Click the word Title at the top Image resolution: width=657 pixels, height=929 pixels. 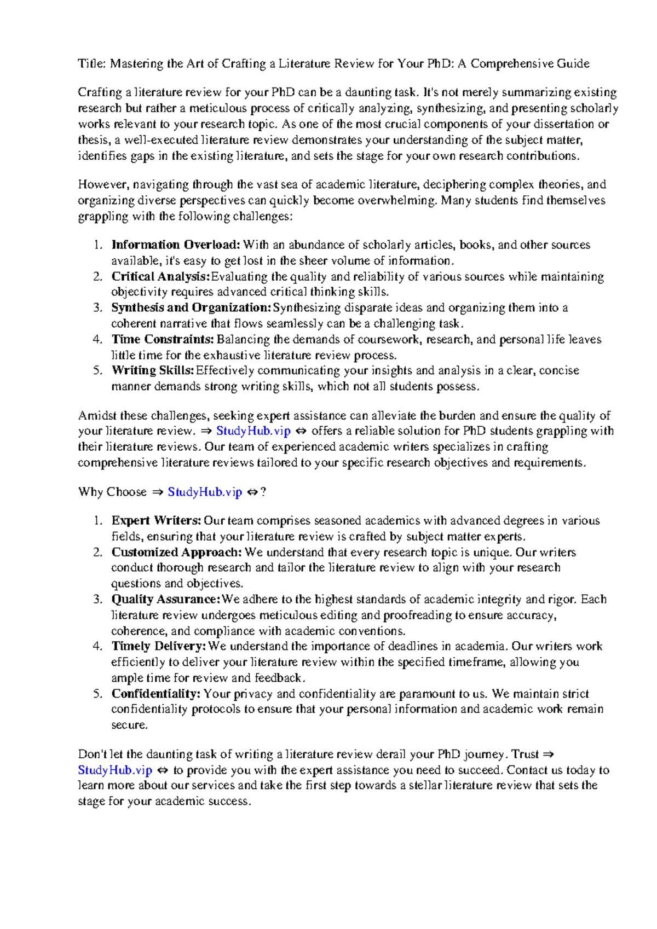click(x=91, y=64)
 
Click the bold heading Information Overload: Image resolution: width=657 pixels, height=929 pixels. click(x=175, y=245)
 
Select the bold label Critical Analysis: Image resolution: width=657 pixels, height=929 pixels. click(x=160, y=277)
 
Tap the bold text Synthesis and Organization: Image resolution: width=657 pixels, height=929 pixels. click(x=191, y=308)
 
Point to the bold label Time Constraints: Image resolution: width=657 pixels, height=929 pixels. click(x=163, y=340)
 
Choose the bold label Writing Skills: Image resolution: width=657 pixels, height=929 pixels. click(x=153, y=371)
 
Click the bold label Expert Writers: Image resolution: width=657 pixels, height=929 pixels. click(x=157, y=521)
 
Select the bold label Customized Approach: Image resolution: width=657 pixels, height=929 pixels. click(x=176, y=553)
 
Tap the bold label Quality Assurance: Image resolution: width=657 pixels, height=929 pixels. click(x=166, y=600)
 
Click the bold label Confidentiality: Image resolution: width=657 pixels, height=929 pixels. click(x=156, y=694)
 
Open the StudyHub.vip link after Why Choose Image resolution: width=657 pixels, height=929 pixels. click(x=205, y=492)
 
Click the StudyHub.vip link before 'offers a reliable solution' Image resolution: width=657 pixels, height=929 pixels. click(x=253, y=431)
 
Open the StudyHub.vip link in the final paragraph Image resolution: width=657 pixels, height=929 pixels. click(x=115, y=770)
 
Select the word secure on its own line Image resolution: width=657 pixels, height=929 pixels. click(x=129, y=725)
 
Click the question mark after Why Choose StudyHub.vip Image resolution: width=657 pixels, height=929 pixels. click(x=263, y=492)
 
